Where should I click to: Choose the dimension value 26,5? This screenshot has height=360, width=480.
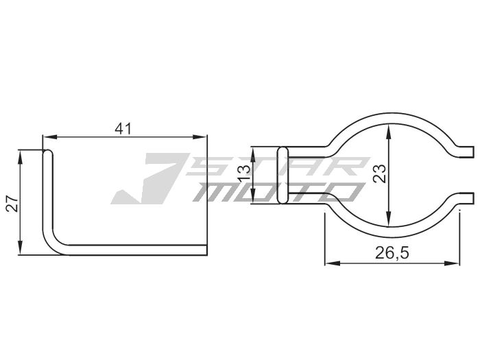(392, 253)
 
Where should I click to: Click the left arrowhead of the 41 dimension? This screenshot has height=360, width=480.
(47, 136)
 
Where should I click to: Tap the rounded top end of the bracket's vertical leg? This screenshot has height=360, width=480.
(47, 154)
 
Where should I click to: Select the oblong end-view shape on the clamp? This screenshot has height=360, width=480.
(281, 175)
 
